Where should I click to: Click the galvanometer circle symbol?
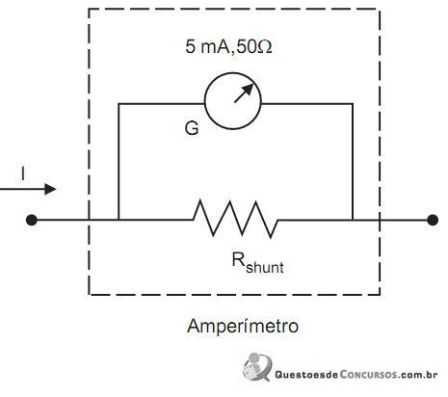pyautogui.click(x=205, y=101)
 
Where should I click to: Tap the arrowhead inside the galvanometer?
pyautogui.click(x=249, y=88)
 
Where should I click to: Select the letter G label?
pyautogui.click(x=192, y=128)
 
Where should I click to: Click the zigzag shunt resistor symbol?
pyautogui.click(x=235, y=219)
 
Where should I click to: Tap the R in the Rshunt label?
pyautogui.click(x=239, y=259)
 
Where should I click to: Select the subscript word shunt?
pyautogui.click(x=265, y=267)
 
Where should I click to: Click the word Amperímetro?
pyautogui.click(x=243, y=326)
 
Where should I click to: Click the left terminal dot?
pyautogui.click(x=32, y=220)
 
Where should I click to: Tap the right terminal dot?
pyautogui.click(x=433, y=220)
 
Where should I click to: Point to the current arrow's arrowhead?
pyautogui.click(x=50, y=189)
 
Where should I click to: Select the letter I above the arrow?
pyautogui.click(x=23, y=173)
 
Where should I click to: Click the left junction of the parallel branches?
pyautogui.click(x=119, y=220)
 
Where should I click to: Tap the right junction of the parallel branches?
pyautogui.click(x=353, y=220)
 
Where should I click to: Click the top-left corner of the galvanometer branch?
pyautogui.click(x=119, y=104)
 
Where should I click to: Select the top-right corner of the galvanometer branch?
pyautogui.click(x=353, y=104)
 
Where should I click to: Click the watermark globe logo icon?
pyautogui.click(x=257, y=367)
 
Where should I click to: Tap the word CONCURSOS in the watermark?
pyautogui.click(x=367, y=375)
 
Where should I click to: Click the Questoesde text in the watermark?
pyautogui.click(x=306, y=375)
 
